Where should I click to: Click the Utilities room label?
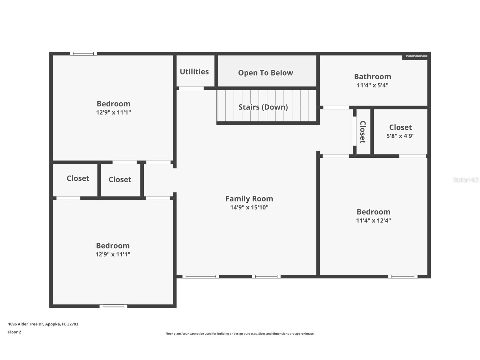[194, 72]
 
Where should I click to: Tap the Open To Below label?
[265, 73]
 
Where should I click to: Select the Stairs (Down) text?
[263, 107]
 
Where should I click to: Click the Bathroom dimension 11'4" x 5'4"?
[372, 85]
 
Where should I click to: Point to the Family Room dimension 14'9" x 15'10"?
[249, 207]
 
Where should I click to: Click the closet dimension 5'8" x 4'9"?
[400, 136]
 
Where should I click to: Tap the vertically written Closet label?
[363, 132]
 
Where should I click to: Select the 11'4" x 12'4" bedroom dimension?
[373, 220]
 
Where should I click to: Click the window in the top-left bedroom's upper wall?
[83, 53]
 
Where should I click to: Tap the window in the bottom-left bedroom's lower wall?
[113, 306]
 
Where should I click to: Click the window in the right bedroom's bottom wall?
[402, 277]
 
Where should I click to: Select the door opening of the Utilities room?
[191, 88]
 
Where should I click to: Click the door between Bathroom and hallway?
[336, 108]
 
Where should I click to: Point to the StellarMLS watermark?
[466, 180]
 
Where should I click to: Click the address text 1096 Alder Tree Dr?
[43, 324]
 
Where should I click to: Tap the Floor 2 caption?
[14, 332]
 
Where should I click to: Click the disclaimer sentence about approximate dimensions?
[240, 334]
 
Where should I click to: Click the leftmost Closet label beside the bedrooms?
[78, 178]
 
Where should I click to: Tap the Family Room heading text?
[249, 199]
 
